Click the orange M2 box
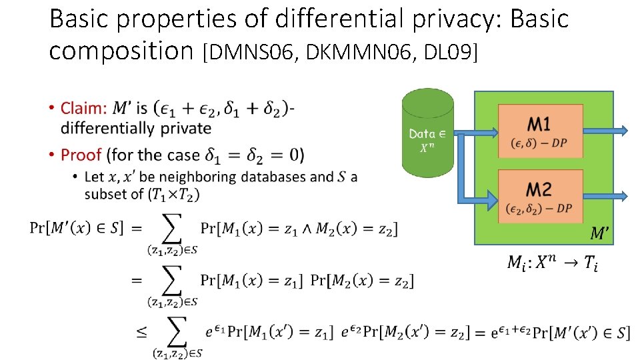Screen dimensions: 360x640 pos(539,197)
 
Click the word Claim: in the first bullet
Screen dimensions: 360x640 pos(83,108)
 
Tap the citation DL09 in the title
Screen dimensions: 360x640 pos(453,51)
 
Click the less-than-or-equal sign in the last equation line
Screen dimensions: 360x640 pos(142,332)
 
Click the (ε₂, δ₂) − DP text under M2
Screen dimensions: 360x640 pos(539,209)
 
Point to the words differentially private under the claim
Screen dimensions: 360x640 pos(135,128)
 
